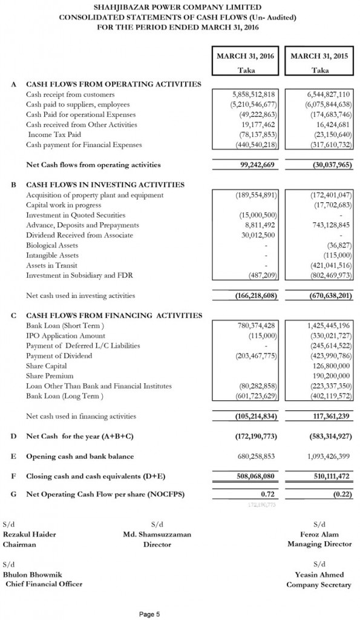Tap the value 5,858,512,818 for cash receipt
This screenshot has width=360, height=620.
(254, 95)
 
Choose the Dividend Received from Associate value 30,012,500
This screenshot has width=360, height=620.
(257, 235)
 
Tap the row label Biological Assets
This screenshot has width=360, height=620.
(52, 245)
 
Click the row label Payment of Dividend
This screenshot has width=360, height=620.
(59, 355)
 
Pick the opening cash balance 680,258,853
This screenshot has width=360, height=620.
(255, 456)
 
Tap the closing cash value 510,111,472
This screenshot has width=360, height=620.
(329, 476)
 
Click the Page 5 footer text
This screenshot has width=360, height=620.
(149, 613)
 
